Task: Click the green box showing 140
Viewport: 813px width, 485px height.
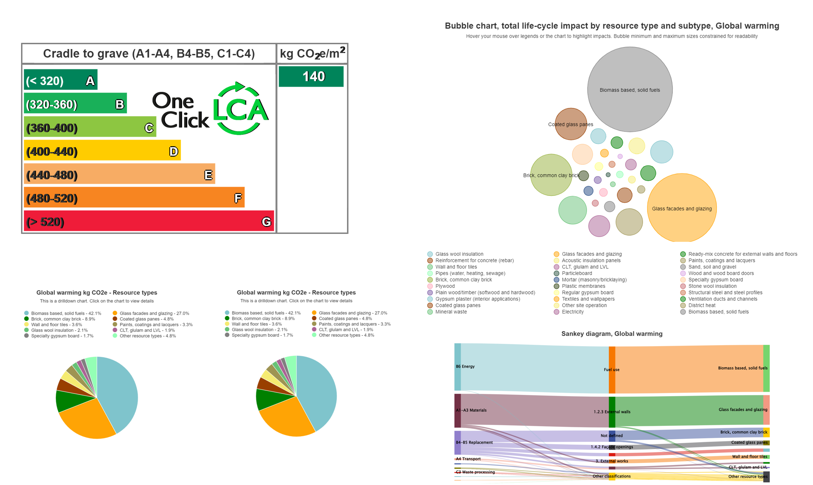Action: pos(311,76)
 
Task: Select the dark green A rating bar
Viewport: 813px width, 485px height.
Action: pos(60,80)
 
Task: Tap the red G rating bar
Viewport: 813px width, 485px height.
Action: pos(148,221)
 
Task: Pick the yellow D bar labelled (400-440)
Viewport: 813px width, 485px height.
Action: pos(102,151)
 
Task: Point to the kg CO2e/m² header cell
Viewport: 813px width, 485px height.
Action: pos(312,54)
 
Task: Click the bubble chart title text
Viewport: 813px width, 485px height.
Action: pos(611,26)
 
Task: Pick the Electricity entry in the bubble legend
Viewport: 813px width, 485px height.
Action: pos(572,312)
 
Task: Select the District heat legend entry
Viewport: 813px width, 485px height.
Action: pos(701,305)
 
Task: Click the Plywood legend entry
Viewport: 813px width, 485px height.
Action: pos(445,286)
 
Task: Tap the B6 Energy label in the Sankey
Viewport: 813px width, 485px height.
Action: pos(465,367)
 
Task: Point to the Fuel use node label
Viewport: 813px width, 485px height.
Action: pos(611,370)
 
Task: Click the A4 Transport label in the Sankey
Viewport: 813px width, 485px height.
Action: pos(468,459)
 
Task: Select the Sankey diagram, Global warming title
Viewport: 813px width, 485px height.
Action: pos(611,334)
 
